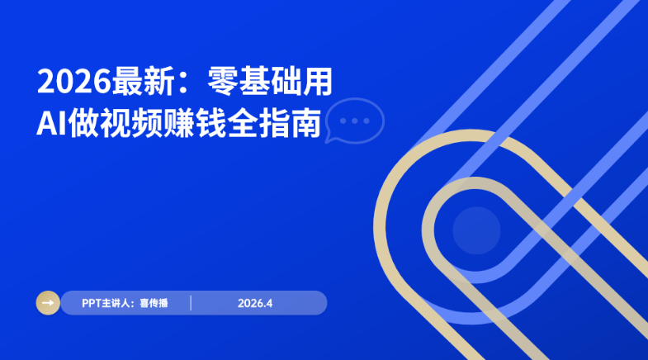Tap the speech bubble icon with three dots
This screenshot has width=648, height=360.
point(355,121)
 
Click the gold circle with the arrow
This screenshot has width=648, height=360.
point(48,303)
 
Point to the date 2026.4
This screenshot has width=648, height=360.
point(255,303)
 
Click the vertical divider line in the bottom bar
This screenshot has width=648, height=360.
point(191,303)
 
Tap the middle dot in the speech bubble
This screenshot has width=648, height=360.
point(355,120)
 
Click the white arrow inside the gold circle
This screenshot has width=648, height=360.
point(48,303)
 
